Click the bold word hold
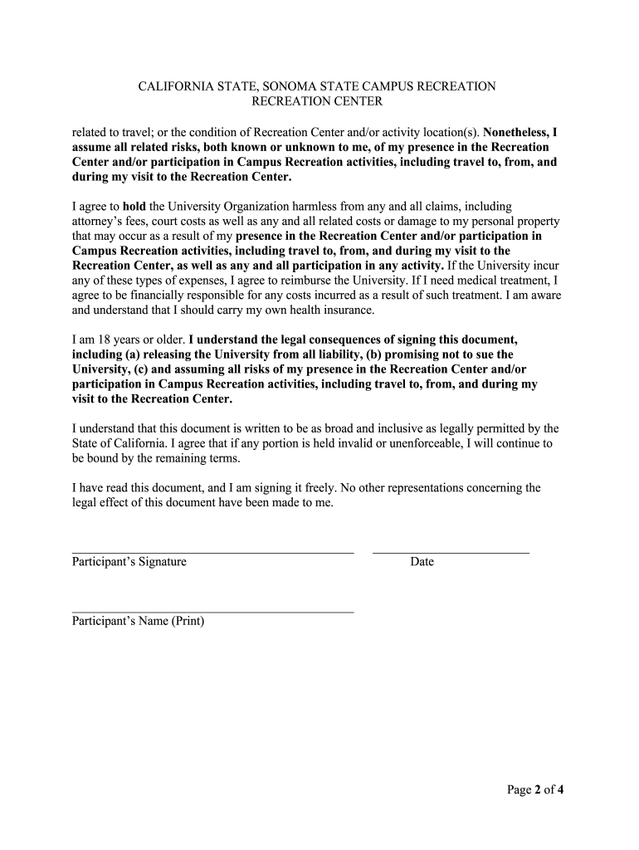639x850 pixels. (134, 206)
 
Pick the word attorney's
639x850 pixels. (100, 221)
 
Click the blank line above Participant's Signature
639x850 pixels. (212, 552)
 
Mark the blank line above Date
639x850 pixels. (451, 552)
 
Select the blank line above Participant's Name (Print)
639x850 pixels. (212, 612)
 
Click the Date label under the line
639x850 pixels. (422, 562)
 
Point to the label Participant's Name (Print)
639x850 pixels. (138, 622)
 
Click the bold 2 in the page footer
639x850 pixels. (538, 789)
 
